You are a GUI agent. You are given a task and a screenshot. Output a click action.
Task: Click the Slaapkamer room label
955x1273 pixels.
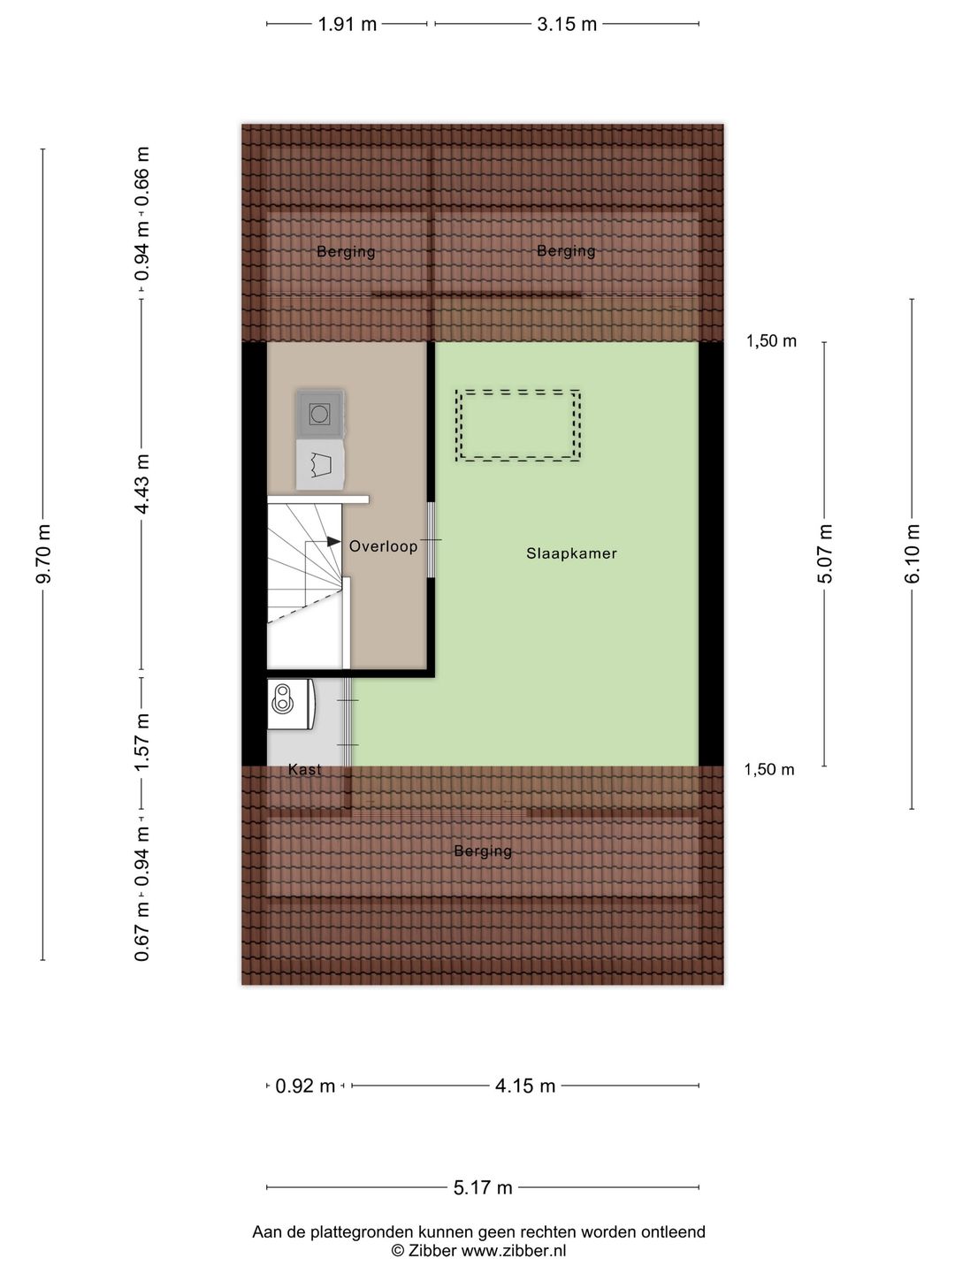coord(571,553)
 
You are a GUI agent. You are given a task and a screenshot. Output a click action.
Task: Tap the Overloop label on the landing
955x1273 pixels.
coord(383,546)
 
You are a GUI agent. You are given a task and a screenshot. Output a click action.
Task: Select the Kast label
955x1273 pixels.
coord(305,770)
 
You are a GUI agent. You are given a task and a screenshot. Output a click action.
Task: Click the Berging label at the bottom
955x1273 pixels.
coord(483,851)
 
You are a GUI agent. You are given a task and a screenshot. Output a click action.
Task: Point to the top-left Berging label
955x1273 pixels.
coord(346,252)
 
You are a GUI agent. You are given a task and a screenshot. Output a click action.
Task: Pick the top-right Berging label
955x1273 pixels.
coord(566,251)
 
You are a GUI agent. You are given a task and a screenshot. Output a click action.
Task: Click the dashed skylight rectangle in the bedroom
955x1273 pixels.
coord(518,425)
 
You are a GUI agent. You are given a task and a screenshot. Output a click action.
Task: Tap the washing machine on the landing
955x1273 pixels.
coord(319,414)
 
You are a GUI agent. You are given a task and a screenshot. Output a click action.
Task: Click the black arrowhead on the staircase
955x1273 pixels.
coord(333,542)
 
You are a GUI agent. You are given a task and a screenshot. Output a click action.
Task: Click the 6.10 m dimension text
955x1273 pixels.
coord(913,554)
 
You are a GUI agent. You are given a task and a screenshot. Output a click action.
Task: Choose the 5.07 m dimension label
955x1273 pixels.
coord(825,554)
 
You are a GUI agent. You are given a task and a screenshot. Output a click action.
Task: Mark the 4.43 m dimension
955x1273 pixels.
coord(141,484)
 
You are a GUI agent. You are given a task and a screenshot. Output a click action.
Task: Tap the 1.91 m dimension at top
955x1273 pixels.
coord(348,25)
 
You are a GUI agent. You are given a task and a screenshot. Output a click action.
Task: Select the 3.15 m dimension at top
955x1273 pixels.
coord(567,25)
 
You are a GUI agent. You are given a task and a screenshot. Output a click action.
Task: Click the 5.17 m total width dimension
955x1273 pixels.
coord(483,1188)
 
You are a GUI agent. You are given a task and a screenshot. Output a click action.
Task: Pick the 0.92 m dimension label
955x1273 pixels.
coord(305,1086)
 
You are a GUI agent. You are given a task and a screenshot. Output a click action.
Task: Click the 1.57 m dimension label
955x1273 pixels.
coord(141,742)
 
